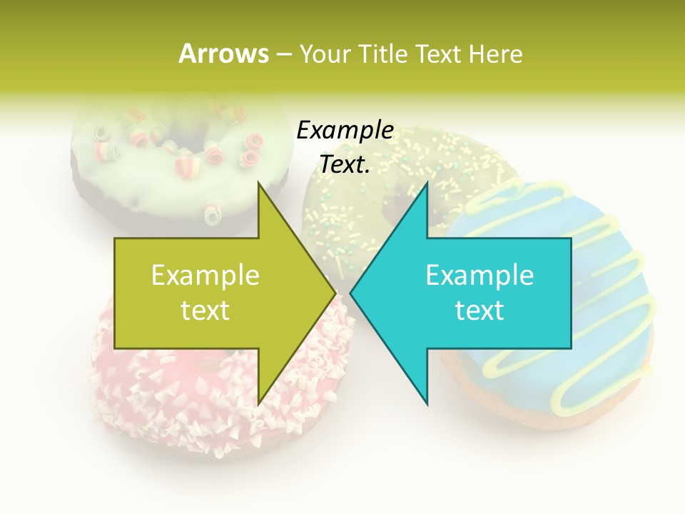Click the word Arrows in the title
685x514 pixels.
[223, 54]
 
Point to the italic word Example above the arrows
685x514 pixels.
[345, 130]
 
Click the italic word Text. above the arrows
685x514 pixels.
[345, 165]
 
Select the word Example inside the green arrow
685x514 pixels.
[205, 275]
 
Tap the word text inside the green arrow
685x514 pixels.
[205, 310]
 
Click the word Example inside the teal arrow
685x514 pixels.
[479, 275]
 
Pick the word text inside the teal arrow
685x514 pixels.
[479, 310]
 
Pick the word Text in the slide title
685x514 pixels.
[440, 54]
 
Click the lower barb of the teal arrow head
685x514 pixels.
[427, 400]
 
